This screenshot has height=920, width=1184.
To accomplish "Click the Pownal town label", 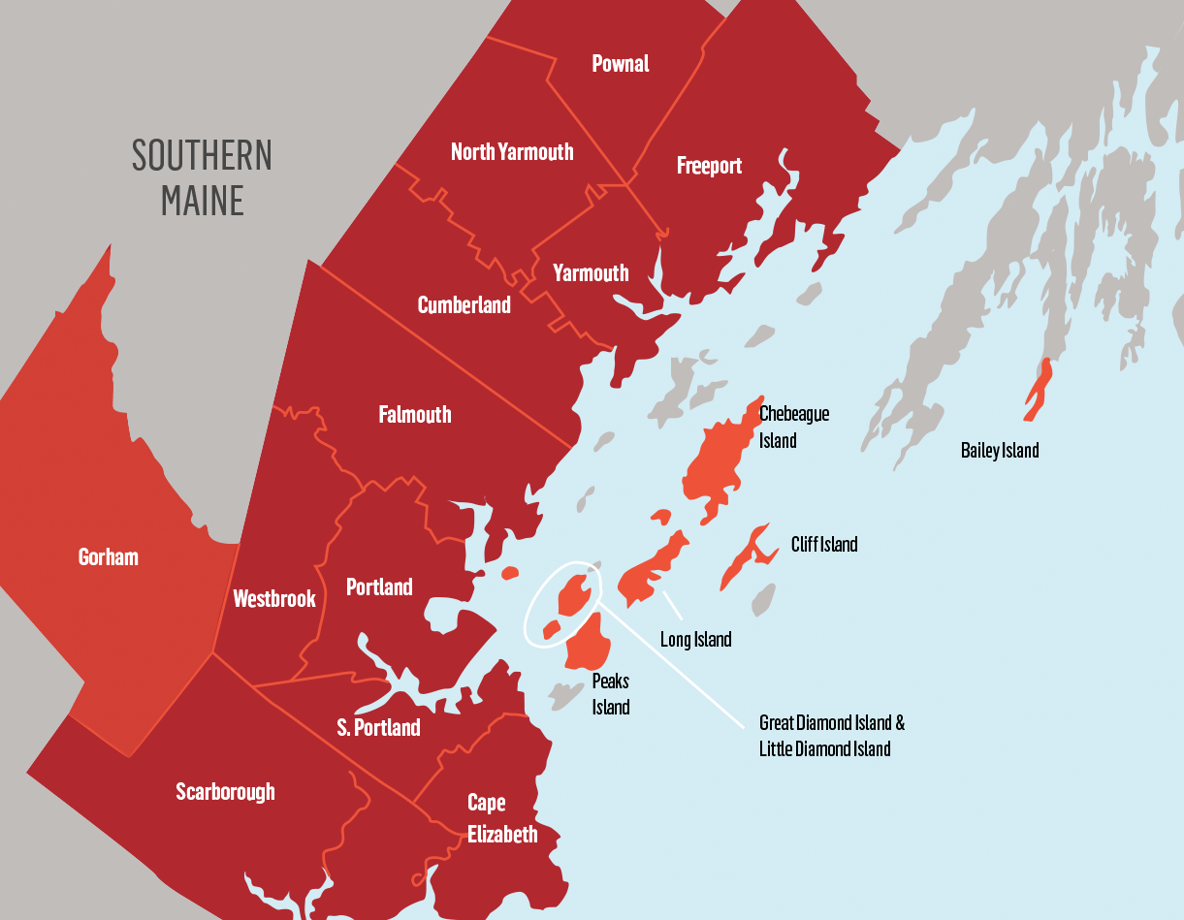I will point(621,64).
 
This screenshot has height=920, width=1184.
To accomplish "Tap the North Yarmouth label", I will point(512,152).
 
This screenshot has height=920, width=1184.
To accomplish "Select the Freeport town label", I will point(709,166).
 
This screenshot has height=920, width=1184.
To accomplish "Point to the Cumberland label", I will point(464,305).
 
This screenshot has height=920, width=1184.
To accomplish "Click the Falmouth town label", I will point(415,415).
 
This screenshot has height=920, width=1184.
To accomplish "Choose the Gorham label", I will point(109,557).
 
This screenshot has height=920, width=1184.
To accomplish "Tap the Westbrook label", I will point(274,599).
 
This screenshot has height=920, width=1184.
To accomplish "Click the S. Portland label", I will point(378,727).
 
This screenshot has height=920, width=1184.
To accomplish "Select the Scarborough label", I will point(225,792).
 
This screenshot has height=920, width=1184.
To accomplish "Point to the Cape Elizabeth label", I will point(501,819).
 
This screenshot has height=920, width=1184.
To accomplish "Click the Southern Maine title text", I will point(202,177).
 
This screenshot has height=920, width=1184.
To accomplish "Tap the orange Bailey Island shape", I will point(1039,388).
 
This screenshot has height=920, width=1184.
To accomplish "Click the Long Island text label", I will point(695,640).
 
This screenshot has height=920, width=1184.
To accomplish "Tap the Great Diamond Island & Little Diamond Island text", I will point(831,736).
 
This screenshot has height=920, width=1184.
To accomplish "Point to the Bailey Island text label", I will point(999,451).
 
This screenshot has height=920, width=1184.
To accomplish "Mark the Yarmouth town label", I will point(591,273).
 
